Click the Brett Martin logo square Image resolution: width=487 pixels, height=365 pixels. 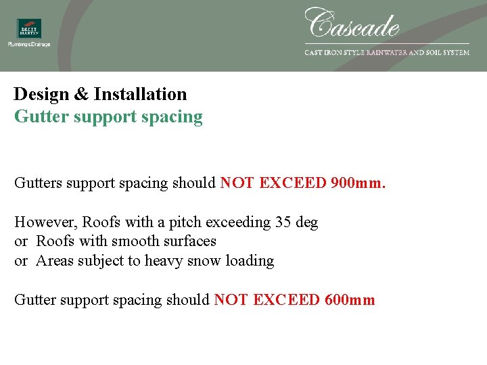(x=29, y=28)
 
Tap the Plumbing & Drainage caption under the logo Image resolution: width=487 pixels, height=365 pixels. (x=29, y=45)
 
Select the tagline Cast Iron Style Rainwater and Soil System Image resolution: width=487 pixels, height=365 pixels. (x=387, y=52)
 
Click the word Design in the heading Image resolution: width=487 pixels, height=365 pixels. (x=41, y=94)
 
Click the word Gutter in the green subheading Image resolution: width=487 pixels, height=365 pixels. (x=38, y=116)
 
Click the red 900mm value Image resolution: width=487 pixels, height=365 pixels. (x=358, y=183)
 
